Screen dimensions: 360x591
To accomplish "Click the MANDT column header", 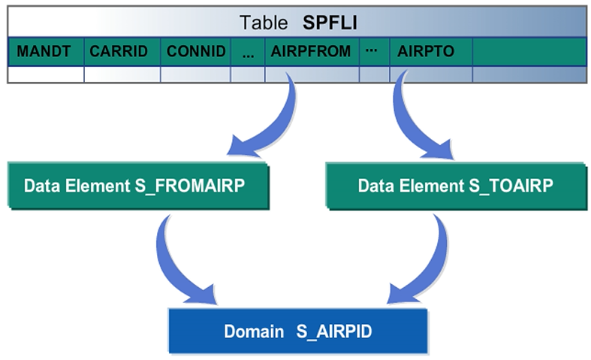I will [x=45, y=52].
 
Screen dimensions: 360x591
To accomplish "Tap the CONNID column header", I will [x=196, y=52].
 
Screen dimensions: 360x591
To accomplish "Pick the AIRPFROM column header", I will [x=311, y=52].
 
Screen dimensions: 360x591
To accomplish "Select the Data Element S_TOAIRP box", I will [x=455, y=185].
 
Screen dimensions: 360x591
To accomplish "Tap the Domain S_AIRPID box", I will [x=296, y=330].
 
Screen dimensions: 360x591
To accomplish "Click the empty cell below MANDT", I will [x=45, y=74].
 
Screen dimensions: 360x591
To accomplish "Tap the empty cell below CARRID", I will [x=122, y=74].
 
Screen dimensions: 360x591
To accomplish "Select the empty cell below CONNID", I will [x=196, y=74].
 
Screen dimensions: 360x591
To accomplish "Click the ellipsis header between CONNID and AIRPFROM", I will [x=248, y=52].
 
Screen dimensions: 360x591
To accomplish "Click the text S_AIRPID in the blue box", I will [x=329, y=330].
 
